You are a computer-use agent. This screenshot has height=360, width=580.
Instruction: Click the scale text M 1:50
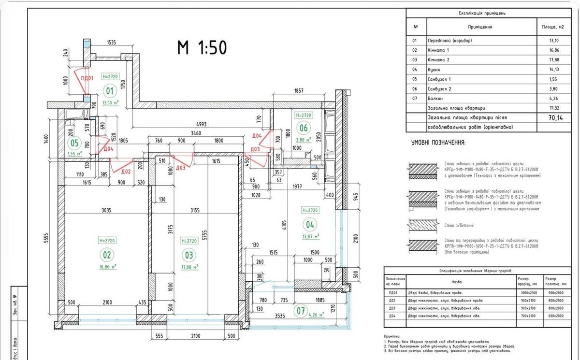click(202, 47)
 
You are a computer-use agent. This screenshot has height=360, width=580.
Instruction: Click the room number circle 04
click(309, 224)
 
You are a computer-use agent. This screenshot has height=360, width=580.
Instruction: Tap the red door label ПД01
click(87, 78)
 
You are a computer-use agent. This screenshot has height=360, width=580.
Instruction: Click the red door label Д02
click(126, 171)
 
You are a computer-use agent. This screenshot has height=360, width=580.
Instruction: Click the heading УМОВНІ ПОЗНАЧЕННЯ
click(438, 143)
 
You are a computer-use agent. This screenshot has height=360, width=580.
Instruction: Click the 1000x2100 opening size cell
click(529, 292)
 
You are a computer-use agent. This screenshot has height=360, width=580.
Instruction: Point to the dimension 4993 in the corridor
click(202, 124)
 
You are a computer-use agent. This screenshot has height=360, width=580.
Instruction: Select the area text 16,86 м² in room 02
click(108, 266)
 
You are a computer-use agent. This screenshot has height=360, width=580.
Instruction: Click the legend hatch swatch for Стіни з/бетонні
click(424, 225)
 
